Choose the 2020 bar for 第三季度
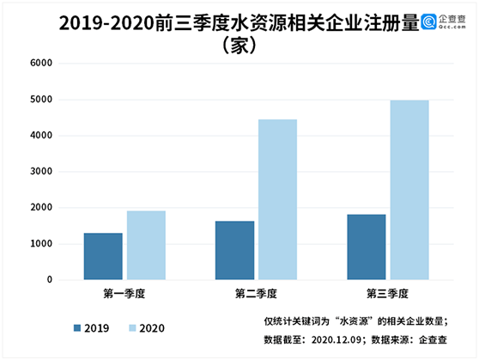(409, 190)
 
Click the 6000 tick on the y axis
(41, 64)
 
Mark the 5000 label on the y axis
(41, 100)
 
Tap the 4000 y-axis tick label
(41, 136)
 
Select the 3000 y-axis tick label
(41, 172)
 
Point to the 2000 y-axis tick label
(41, 208)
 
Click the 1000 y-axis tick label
(41, 244)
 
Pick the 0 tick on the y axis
(50, 280)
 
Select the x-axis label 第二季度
(255, 294)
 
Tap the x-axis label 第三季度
(387, 294)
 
